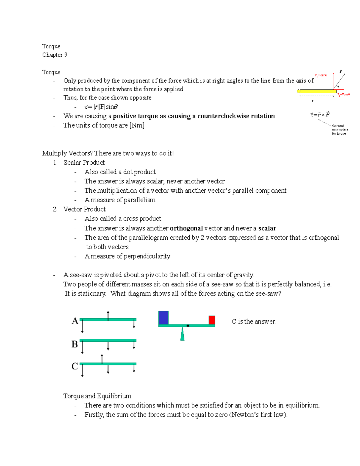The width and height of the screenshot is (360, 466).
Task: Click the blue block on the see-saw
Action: click(x=163, y=318)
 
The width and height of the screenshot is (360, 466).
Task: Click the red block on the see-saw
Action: click(x=212, y=320)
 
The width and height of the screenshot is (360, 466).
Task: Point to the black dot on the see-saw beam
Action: click(x=188, y=326)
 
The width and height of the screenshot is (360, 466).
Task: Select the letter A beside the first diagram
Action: click(x=75, y=321)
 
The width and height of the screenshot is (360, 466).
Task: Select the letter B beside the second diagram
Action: click(x=75, y=344)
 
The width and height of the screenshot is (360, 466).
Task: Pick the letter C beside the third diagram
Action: click(x=75, y=366)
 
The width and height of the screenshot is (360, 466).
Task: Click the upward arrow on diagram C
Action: click(x=102, y=359)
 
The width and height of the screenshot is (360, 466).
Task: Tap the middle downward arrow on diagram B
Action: click(x=108, y=346)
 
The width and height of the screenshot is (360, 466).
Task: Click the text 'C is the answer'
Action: click(x=253, y=321)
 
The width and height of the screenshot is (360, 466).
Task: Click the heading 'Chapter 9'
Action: click(x=55, y=55)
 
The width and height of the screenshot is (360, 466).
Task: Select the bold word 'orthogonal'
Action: click(x=186, y=228)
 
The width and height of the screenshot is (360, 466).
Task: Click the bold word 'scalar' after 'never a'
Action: click(x=267, y=228)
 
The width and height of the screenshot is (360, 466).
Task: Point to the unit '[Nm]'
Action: click(x=137, y=125)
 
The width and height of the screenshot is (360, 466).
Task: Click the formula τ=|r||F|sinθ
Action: click(x=101, y=107)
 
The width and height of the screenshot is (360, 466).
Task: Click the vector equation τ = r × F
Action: click(x=320, y=115)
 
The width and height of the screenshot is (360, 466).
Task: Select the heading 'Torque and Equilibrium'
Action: click(x=97, y=396)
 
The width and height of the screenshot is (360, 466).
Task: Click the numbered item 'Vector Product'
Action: click(x=84, y=209)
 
